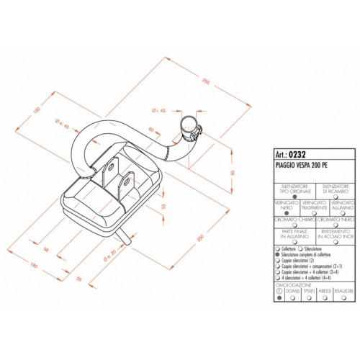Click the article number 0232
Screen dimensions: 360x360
click(298, 153)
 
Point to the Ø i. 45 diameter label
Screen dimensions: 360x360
click(159, 110)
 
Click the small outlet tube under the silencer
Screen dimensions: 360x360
click(127, 234)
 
